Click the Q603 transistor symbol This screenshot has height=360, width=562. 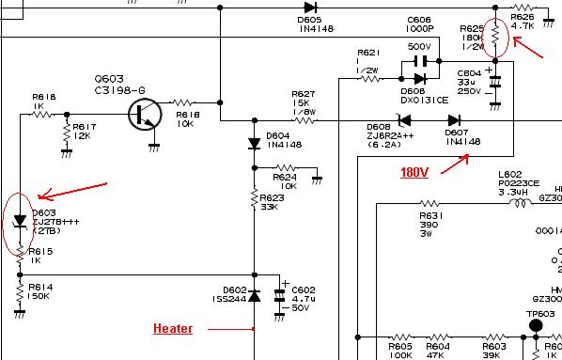(145, 115)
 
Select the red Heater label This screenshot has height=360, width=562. (174, 329)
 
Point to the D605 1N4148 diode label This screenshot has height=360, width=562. (309, 23)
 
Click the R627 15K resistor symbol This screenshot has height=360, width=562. (303, 119)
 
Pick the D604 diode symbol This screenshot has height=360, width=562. (254, 143)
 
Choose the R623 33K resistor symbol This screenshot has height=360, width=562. (254, 199)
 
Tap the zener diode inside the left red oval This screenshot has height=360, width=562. (20, 222)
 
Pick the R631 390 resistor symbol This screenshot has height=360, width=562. (429, 202)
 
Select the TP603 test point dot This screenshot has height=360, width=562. (537, 325)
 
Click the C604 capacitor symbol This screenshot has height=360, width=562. (495, 81)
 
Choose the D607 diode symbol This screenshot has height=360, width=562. (455, 120)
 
